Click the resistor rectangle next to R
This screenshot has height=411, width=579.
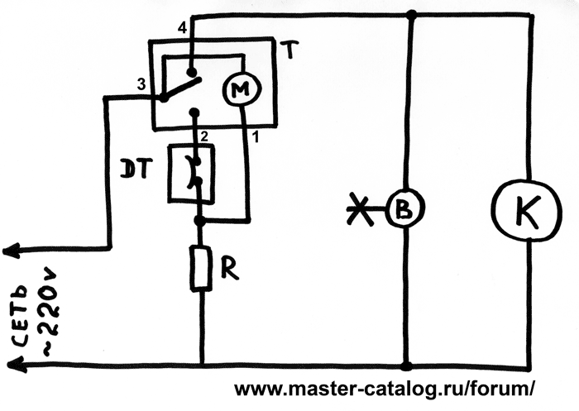click(200, 269)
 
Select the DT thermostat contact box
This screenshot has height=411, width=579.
click(192, 173)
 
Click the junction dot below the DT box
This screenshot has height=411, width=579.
click(199, 221)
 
